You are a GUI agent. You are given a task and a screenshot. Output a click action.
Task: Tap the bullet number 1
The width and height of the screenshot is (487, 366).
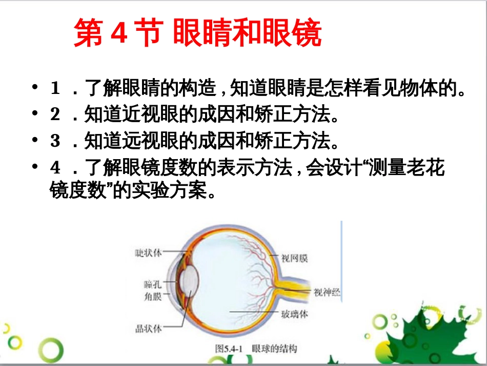click(55, 89)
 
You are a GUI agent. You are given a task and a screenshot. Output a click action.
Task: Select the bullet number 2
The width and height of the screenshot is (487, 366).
click(55, 114)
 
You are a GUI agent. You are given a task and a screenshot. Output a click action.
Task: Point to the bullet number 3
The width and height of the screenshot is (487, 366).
click(55, 140)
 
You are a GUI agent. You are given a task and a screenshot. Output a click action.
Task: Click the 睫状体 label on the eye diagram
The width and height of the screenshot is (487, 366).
click(148, 253)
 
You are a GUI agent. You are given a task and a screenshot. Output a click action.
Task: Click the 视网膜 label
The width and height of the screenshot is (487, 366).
click(295, 259)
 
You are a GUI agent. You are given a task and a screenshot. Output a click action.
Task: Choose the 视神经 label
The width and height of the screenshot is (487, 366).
click(327, 293)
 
